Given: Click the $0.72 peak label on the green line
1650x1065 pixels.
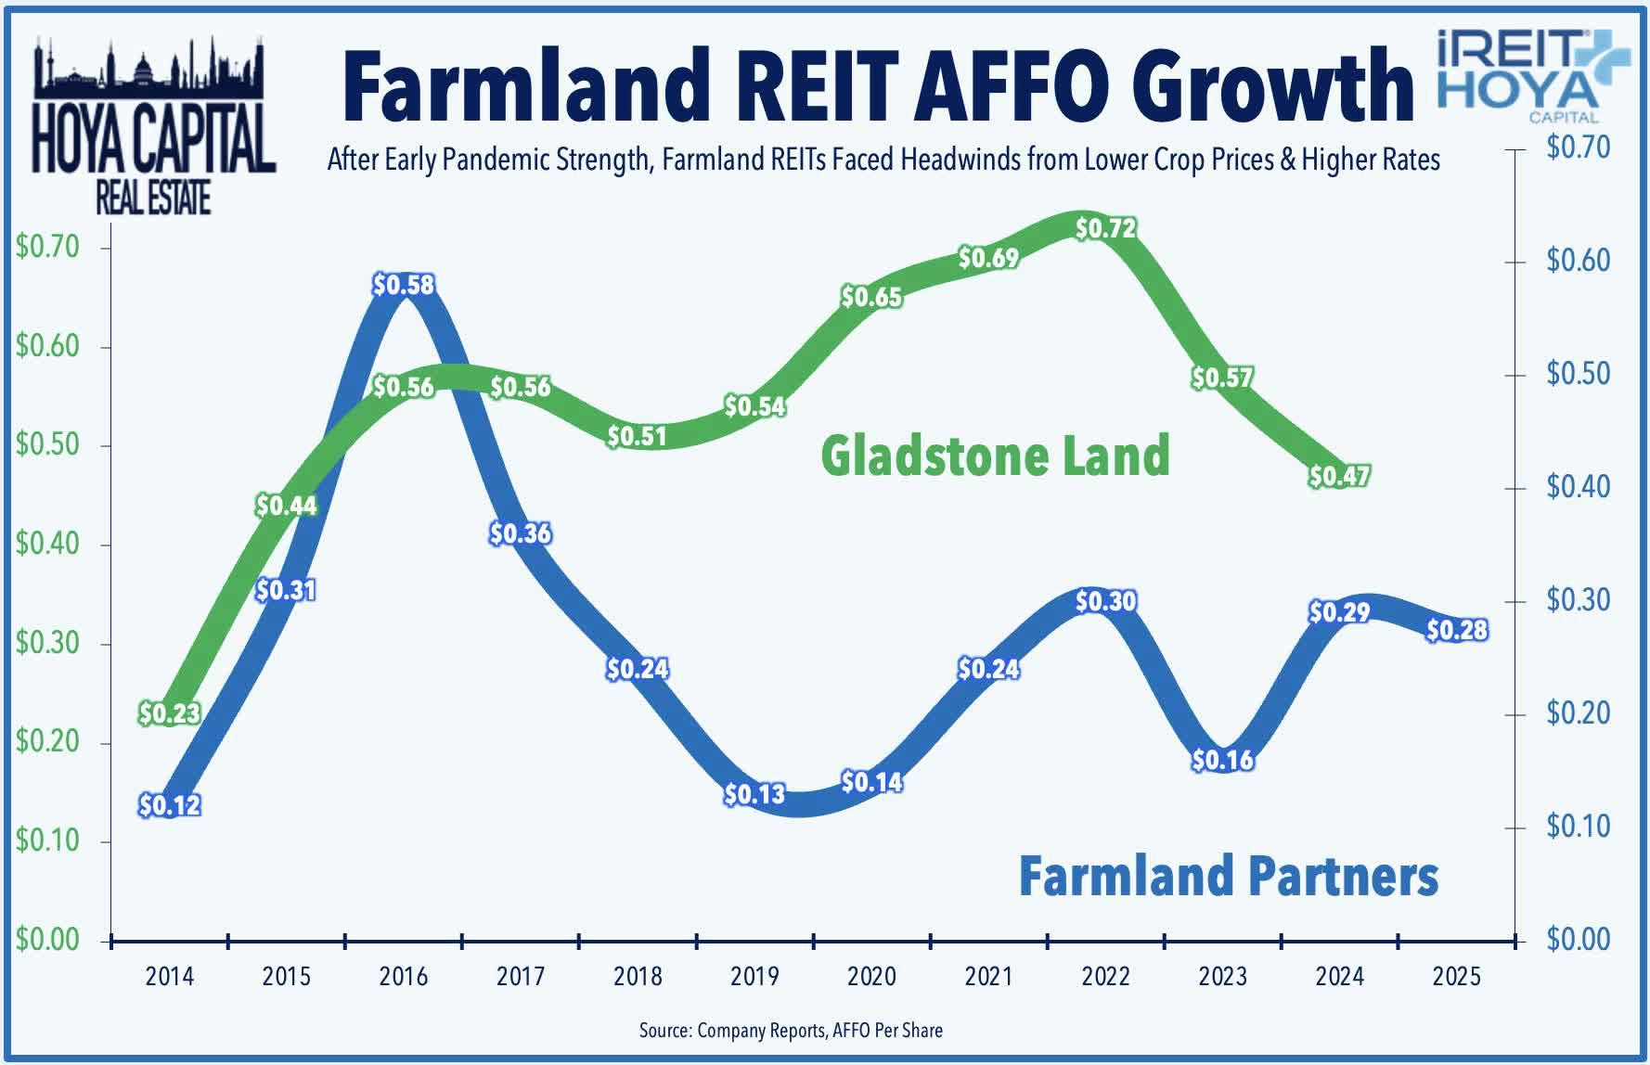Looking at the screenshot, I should click(x=1105, y=227).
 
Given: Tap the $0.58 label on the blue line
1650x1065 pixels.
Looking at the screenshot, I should click(x=404, y=285).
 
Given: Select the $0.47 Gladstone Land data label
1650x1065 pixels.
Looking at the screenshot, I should click(x=1339, y=476).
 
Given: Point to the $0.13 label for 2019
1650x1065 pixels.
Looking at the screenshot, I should click(x=754, y=794).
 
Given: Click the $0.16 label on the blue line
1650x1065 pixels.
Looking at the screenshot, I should click(x=1222, y=761).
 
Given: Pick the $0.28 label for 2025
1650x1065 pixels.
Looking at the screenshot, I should click(x=1456, y=630).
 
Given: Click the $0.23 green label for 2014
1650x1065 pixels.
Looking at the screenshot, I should click(x=170, y=713).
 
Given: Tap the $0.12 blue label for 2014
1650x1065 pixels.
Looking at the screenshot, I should click(x=170, y=805).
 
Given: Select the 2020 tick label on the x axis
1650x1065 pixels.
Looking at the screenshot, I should click(x=871, y=977).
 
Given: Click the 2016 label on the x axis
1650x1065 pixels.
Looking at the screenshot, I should click(x=404, y=977).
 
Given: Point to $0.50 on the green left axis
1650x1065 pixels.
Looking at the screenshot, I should click(x=47, y=445).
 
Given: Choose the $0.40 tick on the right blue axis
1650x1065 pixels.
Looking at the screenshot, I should click(x=1578, y=487).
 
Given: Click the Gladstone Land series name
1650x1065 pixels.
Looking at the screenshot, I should click(x=995, y=456).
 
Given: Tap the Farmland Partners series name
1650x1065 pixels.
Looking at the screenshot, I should click(x=1228, y=876).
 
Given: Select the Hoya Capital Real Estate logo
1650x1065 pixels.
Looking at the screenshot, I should click(x=153, y=125).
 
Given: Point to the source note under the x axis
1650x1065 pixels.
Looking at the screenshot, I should click(x=791, y=1030).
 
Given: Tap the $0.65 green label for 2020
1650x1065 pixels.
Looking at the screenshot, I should click(x=871, y=297).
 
